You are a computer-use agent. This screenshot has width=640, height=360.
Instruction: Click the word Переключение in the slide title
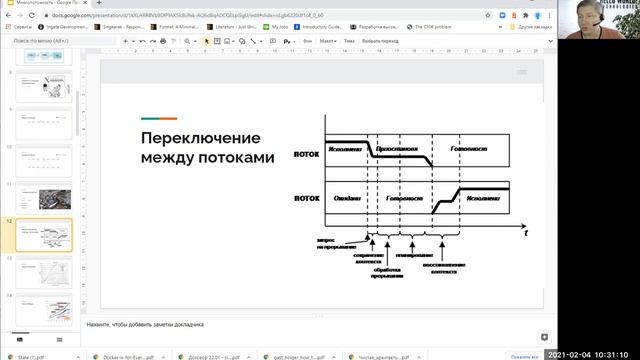coord(200,138)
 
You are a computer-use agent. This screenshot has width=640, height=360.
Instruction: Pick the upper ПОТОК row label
coord(306,155)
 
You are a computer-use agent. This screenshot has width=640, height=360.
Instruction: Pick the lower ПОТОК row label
coord(306,197)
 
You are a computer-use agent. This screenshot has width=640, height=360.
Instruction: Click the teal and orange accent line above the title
coord(160,118)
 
